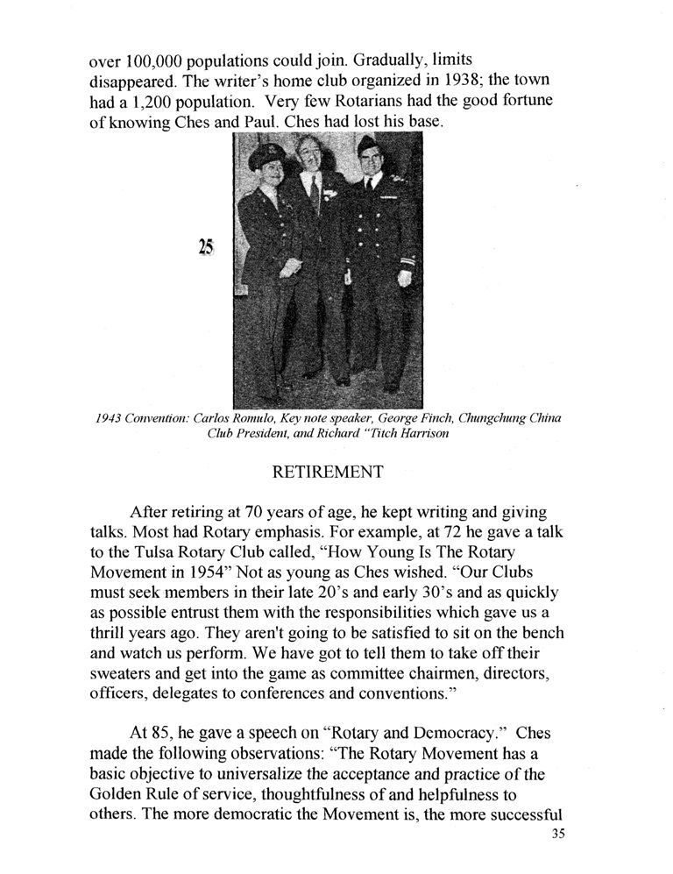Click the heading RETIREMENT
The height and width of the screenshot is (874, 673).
click(x=328, y=473)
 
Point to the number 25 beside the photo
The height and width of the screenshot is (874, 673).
click(x=206, y=248)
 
